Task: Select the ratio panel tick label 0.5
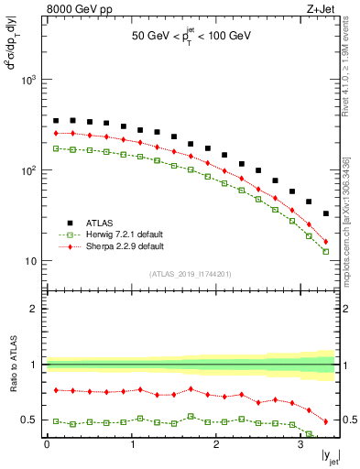coord(30,420)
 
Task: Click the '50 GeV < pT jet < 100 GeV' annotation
coord(190,39)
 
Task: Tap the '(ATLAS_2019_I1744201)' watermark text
coord(191,274)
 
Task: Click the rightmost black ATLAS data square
coord(326,213)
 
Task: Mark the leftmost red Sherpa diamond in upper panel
coord(56,133)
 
